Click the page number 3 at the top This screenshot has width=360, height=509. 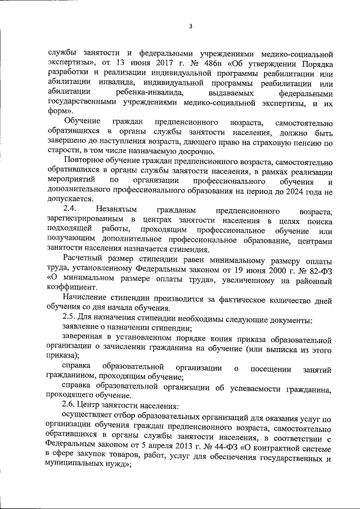point(191,26)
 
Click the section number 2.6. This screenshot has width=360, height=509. point(69,407)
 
